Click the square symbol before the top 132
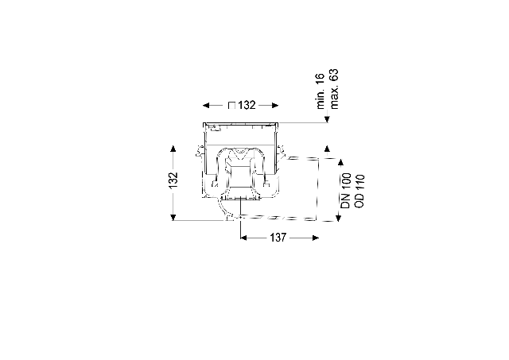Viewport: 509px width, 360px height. click(231, 106)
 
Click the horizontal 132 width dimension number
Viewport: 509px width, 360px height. click(247, 106)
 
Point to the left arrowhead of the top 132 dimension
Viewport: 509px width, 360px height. click(206, 106)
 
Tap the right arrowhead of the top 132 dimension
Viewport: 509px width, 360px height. click(274, 106)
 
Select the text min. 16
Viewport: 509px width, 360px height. click(321, 91)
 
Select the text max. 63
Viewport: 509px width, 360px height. click(334, 89)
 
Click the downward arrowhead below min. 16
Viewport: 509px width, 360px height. click(327, 119)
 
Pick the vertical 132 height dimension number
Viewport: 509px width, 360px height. click(173, 180)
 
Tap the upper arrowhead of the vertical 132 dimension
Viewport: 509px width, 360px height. click(173, 149)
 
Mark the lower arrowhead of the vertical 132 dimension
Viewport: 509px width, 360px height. click(173, 217)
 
